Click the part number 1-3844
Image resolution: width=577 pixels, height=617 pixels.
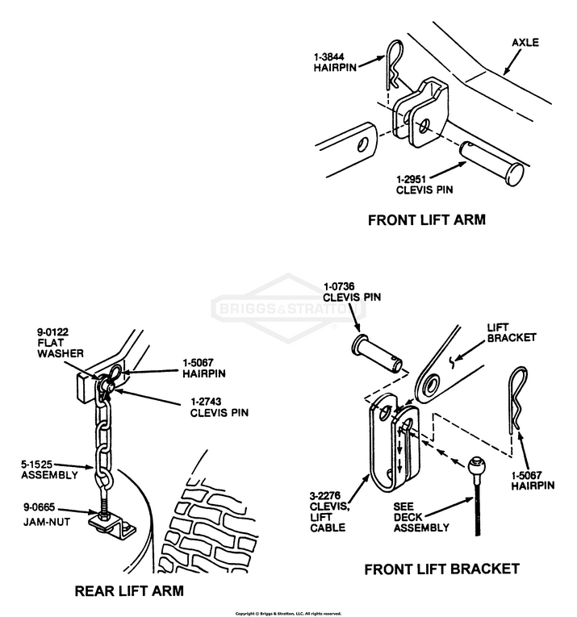point(332,58)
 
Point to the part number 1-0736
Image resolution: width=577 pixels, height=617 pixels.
point(341,286)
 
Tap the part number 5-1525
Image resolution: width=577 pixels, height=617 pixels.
point(39,464)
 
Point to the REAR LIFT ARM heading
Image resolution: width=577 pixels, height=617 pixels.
point(129,590)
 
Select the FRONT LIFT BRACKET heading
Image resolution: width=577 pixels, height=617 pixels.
point(441,569)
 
